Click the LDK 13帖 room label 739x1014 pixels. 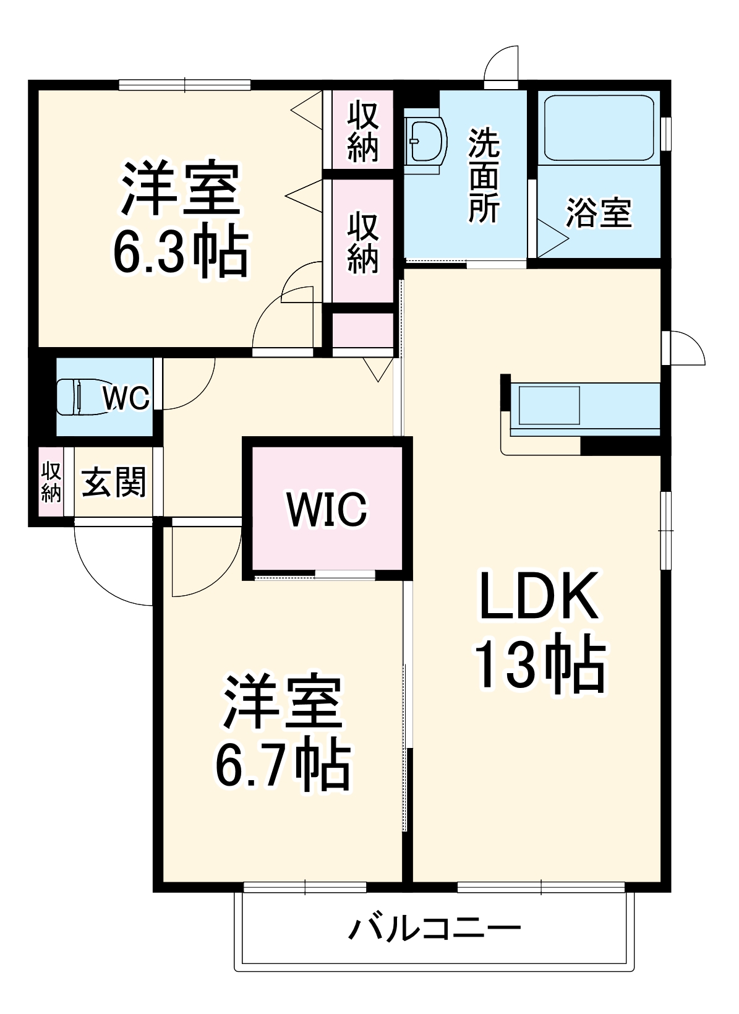(539, 631)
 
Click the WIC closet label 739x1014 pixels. (327, 509)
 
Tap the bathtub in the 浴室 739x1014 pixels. (599, 127)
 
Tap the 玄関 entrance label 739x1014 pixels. (114, 482)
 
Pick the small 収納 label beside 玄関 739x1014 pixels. (51, 482)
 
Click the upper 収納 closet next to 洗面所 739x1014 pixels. (362, 131)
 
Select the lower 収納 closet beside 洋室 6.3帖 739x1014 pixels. (362, 242)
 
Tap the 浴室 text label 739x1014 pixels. (599, 213)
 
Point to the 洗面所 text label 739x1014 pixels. (484, 176)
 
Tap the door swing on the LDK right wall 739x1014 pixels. (686, 349)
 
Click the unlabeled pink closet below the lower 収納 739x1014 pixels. (363, 331)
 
